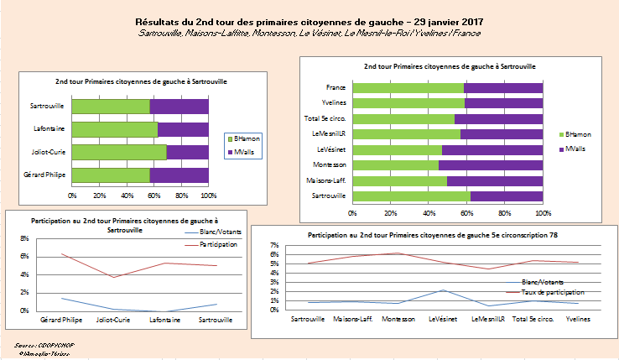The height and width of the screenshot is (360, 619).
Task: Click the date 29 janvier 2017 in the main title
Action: [x=441, y=21]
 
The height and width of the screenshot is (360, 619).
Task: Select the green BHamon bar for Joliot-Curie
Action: [x=119, y=152]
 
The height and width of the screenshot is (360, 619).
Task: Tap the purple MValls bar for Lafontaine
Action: [x=183, y=129]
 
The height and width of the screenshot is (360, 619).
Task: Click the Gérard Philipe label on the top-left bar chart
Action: [x=48, y=175]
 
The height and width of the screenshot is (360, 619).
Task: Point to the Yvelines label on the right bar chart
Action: [x=335, y=103]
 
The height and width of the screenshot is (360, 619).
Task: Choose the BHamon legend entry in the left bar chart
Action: [x=243, y=138]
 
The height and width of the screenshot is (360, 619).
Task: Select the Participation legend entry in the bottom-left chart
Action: [x=218, y=244]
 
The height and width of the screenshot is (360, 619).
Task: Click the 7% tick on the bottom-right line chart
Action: [x=274, y=245]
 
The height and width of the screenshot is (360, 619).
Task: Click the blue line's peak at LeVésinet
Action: [x=442, y=290]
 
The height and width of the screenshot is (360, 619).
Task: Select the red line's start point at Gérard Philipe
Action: [x=62, y=254]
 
